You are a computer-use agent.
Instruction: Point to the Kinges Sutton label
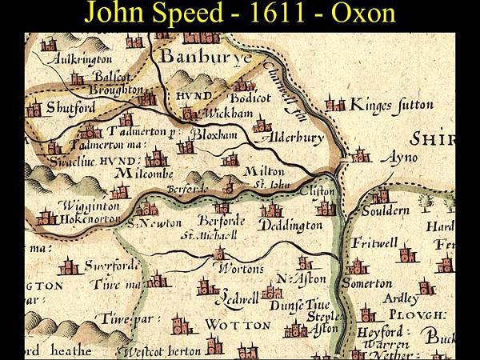pyautogui.click(x=392, y=105)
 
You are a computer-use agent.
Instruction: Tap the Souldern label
pyautogui.click(x=386, y=210)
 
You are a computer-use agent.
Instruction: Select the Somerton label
pyautogui.click(x=367, y=283)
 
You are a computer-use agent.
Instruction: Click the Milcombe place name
pyautogui.click(x=145, y=172)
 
